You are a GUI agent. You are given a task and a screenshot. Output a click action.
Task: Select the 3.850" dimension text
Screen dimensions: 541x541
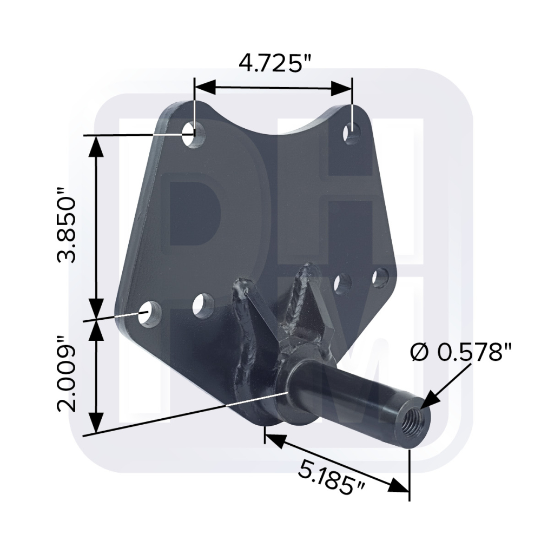(66, 225)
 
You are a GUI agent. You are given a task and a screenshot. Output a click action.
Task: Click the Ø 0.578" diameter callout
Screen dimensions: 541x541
(460, 352)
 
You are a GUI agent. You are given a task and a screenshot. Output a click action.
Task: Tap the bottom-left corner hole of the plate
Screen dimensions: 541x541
(150, 314)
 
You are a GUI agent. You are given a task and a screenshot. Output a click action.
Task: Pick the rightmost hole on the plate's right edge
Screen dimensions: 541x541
(380, 277)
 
